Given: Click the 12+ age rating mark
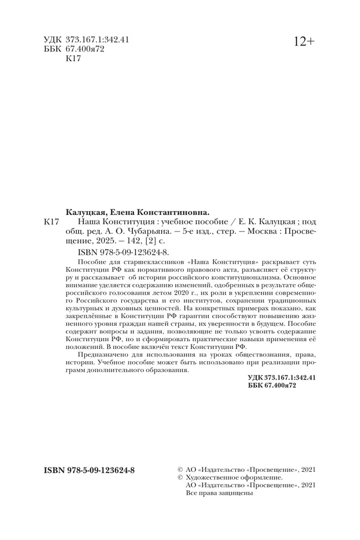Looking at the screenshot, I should click(x=304, y=42).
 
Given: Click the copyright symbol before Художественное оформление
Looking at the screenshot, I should click(x=179, y=477).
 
